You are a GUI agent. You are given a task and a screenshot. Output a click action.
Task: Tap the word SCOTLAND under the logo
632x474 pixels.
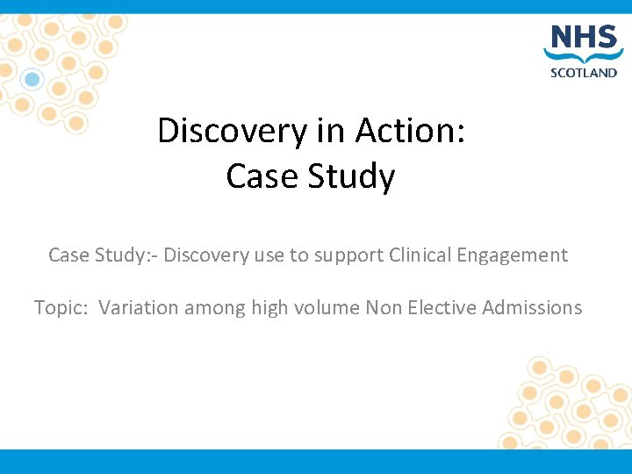tap(583, 73)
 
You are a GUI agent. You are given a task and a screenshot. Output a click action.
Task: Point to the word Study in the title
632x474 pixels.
tap(359, 176)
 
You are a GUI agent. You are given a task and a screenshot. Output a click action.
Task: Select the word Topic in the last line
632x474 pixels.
tap(61, 307)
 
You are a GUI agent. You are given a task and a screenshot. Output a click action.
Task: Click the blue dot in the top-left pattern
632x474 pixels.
tap(32, 80)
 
